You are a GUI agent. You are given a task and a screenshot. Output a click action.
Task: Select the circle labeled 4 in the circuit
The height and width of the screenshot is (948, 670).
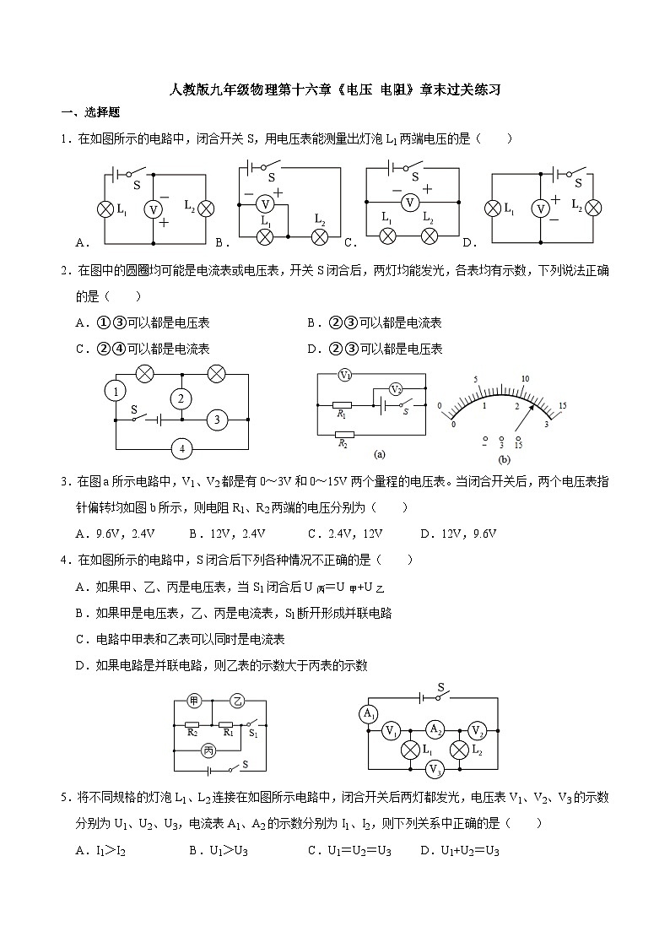pyautogui.click(x=182, y=449)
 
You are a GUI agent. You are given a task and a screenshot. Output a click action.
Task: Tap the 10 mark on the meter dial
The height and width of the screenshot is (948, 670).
pyautogui.click(x=525, y=379)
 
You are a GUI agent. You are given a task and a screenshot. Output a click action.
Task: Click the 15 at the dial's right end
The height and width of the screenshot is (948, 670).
pyautogui.click(x=562, y=406)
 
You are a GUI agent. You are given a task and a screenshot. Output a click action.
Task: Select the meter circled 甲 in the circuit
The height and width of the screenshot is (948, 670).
pyautogui.click(x=193, y=701)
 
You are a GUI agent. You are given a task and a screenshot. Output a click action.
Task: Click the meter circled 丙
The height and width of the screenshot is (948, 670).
pyautogui.click(x=208, y=749)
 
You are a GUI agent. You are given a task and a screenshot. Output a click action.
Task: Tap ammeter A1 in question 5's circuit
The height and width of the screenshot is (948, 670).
pyautogui.click(x=368, y=714)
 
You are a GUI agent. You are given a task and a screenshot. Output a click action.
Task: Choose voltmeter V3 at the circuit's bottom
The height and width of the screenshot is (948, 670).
pyautogui.click(x=435, y=768)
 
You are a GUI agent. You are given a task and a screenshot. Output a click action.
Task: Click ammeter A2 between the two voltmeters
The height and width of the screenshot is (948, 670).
pyautogui.click(x=434, y=729)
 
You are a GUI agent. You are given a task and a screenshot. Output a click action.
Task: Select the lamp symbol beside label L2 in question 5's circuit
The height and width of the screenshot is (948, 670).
pyautogui.click(x=459, y=750)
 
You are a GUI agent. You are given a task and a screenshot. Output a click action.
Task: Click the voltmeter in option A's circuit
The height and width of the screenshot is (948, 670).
pyautogui.click(x=153, y=209)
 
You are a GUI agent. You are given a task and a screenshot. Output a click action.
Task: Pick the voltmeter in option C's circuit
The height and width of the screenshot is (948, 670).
pyautogui.click(x=410, y=203)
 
